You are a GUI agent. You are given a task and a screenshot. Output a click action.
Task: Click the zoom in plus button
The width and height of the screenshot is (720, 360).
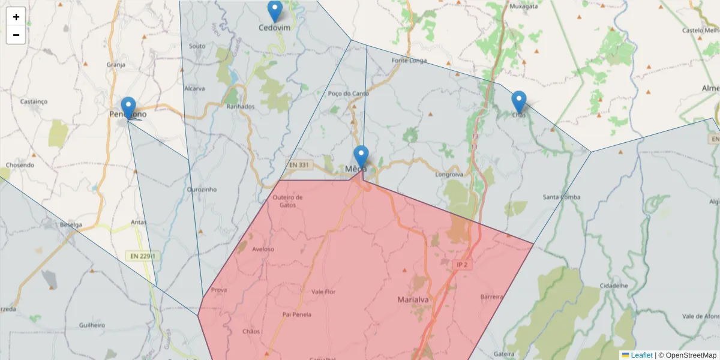(16, 17)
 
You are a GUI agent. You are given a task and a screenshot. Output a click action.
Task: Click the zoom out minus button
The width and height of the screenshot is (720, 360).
(16, 35)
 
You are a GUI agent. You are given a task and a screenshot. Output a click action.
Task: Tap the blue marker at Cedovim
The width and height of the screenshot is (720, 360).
(274, 11)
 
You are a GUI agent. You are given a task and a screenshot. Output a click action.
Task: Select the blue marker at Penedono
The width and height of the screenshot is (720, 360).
(128, 108)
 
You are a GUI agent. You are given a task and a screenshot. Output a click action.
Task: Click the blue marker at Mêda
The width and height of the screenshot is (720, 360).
(361, 157)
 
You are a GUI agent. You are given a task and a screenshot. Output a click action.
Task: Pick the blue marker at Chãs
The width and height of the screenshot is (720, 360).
(519, 102)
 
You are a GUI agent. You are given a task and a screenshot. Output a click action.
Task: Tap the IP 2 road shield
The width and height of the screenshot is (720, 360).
(461, 265)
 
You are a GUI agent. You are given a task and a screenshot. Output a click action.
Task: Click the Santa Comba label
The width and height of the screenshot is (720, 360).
(561, 197)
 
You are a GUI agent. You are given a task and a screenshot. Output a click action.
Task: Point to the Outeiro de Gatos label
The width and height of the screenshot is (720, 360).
(287, 200)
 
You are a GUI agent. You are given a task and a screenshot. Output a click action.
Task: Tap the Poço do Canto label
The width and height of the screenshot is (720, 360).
(349, 94)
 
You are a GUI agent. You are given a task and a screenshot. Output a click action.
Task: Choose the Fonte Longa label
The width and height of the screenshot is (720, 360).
(409, 61)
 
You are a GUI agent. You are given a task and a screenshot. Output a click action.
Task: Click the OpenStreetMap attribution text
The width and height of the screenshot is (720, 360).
(688, 355)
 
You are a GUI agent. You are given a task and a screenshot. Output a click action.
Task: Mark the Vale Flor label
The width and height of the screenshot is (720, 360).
(323, 292)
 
